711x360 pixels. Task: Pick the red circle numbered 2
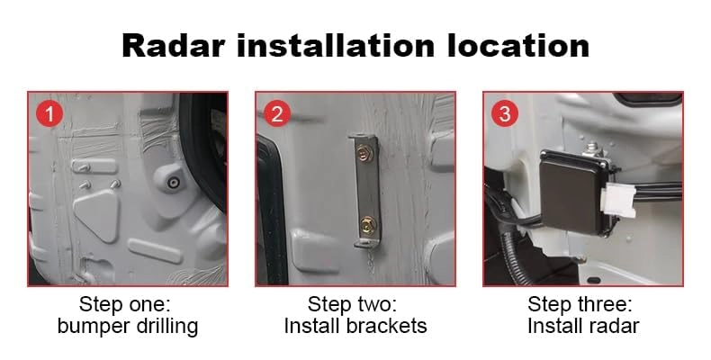(276, 113)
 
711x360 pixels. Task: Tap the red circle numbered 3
(504, 113)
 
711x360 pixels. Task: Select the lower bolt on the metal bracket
(366, 221)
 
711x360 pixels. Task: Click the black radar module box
(573, 189)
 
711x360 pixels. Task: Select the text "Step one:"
(127, 303)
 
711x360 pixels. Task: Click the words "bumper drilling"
(127, 325)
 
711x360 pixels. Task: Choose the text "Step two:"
(355, 303)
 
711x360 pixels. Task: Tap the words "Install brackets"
(355, 325)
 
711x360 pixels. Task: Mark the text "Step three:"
(582, 303)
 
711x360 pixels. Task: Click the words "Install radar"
(582, 325)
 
